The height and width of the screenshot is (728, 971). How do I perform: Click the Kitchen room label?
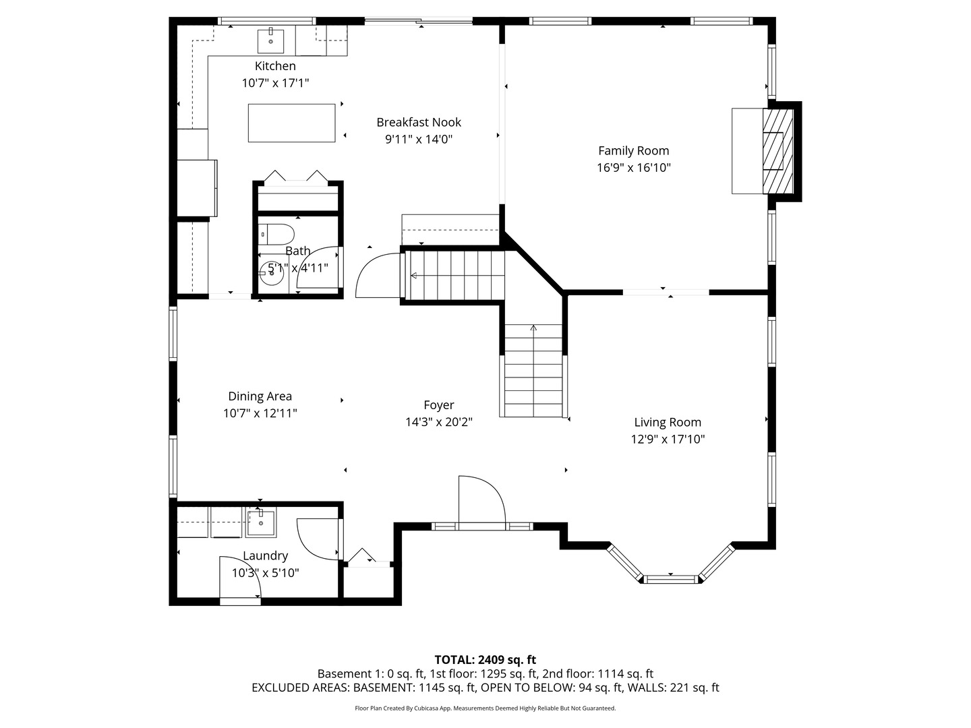[x=274, y=66]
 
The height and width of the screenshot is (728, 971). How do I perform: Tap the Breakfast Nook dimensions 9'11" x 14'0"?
[x=419, y=140]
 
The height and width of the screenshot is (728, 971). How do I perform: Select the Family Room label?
[x=633, y=151]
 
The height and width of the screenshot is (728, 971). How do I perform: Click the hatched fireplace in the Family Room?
[x=777, y=151]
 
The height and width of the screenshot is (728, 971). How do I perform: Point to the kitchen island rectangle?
[x=291, y=123]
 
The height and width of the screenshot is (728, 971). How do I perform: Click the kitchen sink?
[x=270, y=40]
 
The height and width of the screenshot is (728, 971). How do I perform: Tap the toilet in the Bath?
[x=276, y=235]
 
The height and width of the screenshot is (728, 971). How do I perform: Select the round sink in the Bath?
[x=271, y=273]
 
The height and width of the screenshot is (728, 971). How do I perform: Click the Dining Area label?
[x=260, y=396]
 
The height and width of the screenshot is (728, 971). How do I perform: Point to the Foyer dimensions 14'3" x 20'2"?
[x=439, y=422]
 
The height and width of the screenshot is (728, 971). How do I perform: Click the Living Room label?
[x=668, y=423]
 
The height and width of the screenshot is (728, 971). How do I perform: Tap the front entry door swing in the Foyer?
[x=481, y=503]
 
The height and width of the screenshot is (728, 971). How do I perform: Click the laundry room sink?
[x=260, y=523]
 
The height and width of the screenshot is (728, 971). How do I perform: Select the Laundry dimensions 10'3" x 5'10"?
[x=266, y=573]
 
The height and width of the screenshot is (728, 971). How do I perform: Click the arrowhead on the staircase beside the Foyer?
[x=533, y=328]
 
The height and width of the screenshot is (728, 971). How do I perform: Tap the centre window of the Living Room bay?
[x=671, y=579]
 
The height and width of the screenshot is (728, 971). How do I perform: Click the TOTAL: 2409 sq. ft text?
[x=486, y=659]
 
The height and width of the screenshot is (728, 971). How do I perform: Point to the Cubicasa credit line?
[x=486, y=708]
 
